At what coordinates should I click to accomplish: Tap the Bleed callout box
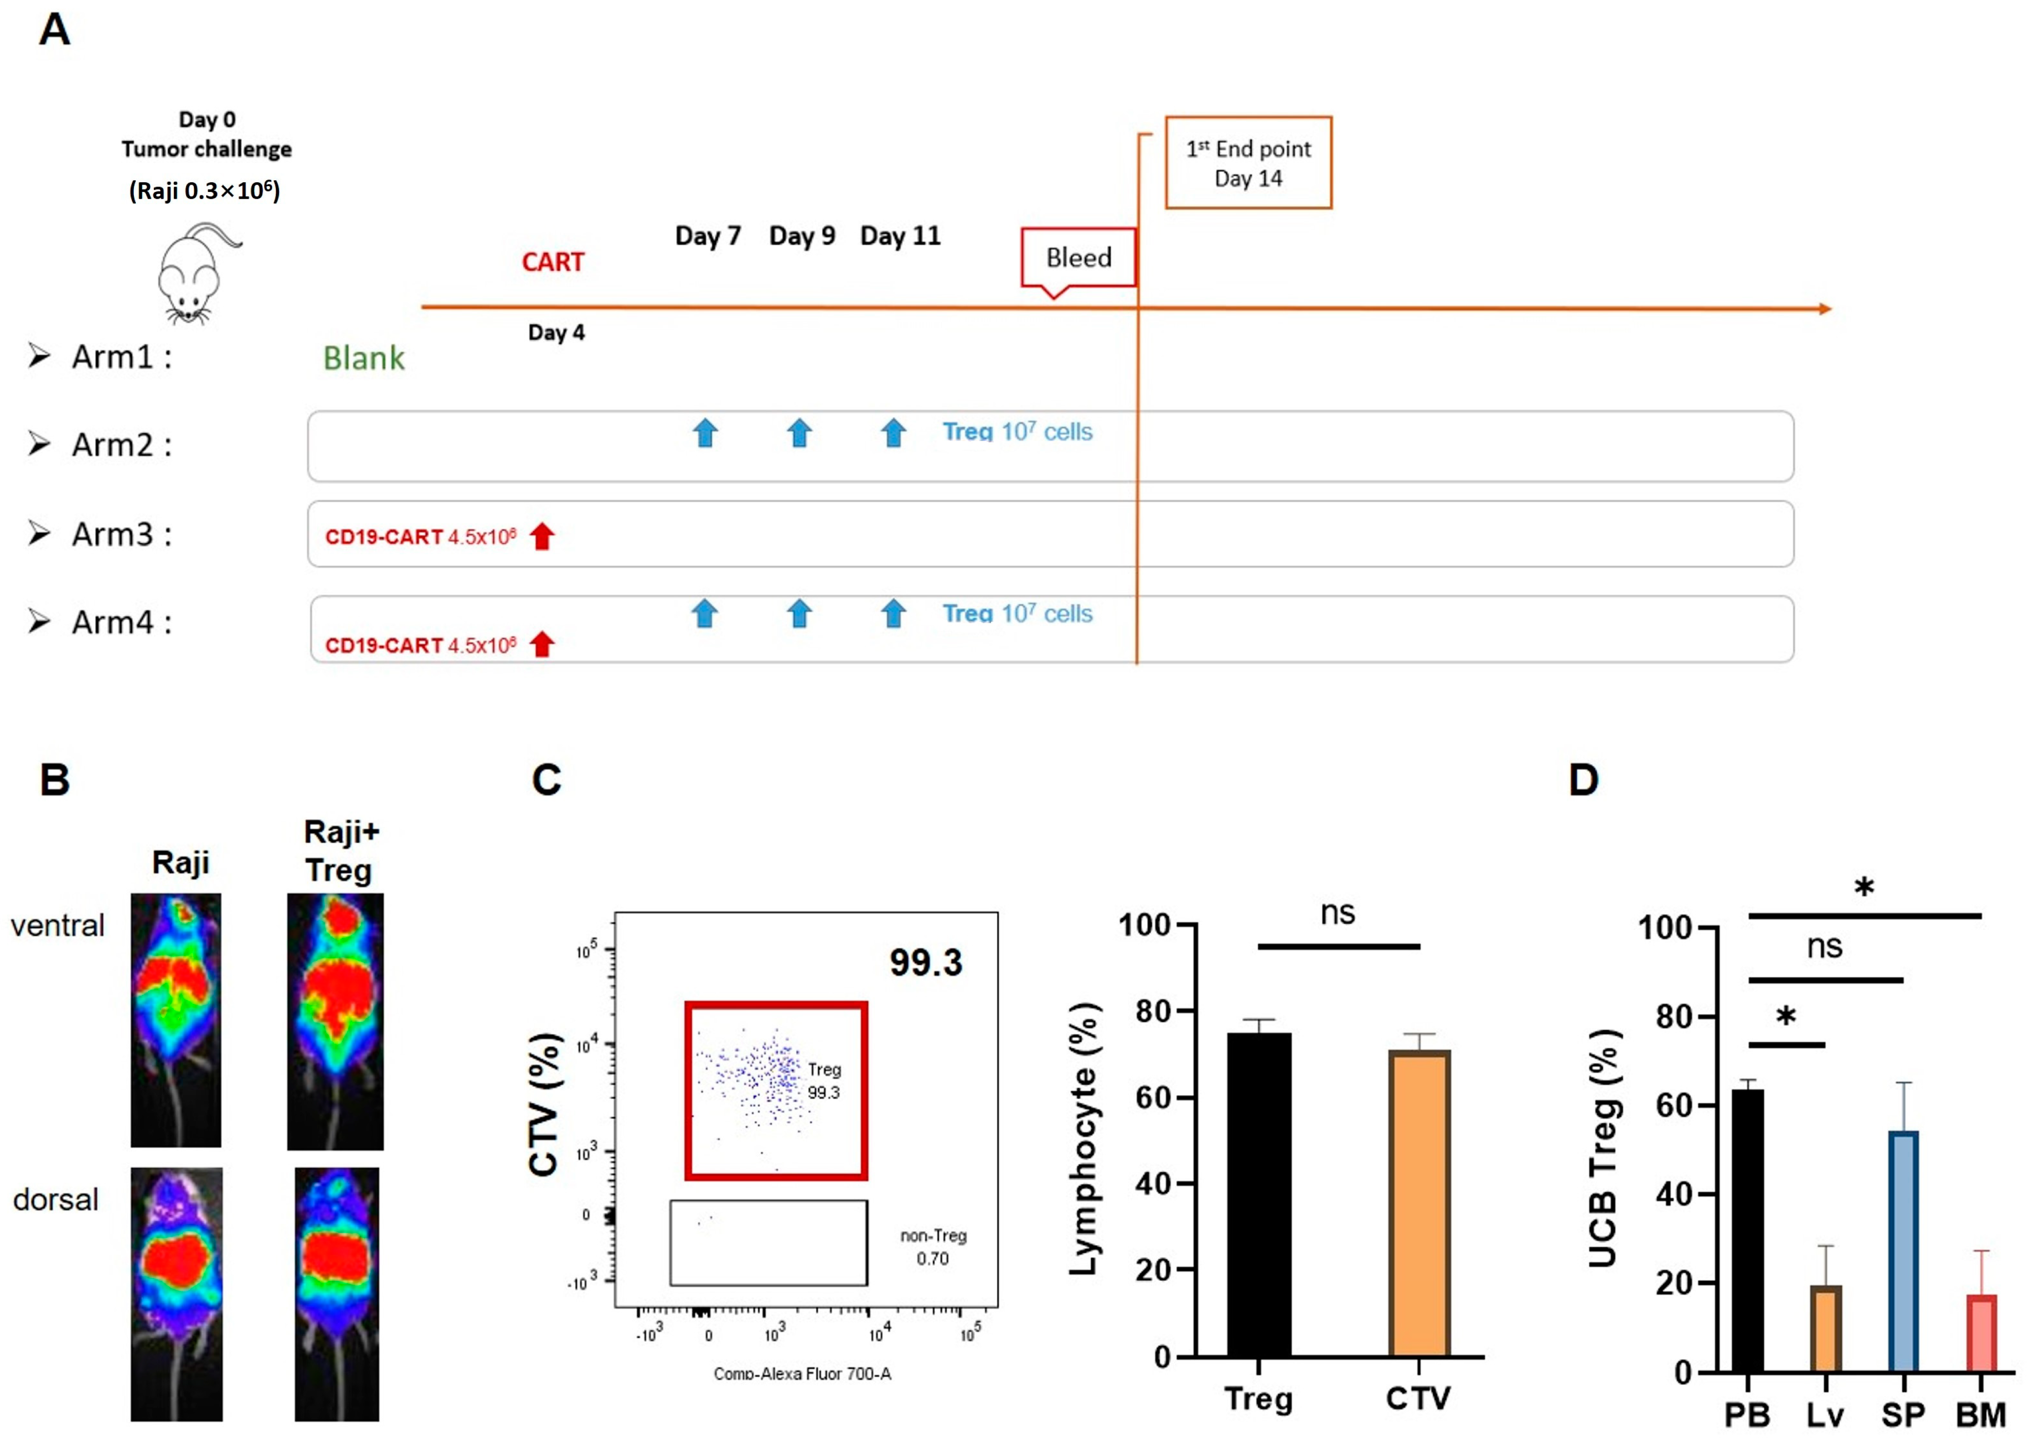click(x=1078, y=258)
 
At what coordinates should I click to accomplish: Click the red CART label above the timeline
click(x=553, y=262)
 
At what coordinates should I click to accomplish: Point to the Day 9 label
click(x=802, y=236)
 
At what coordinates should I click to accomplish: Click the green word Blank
click(x=363, y=358)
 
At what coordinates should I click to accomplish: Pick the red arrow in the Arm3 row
click(x=542, y=536)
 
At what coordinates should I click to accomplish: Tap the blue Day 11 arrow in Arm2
click(x=893, y=433)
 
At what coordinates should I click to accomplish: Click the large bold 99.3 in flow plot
click(x=926, y=962)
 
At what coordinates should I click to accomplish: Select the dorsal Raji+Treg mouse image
click(x=337, y=1293)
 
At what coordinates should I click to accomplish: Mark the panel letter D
click(x=1583, y=780)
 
